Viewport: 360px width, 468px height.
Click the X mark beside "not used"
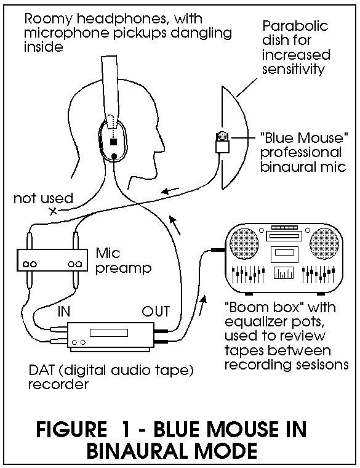tap(53, 211)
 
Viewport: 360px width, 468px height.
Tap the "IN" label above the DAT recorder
tap(64, 312)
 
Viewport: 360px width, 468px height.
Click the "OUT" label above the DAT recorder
tap(156, 312)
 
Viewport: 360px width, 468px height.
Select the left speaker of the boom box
tap(244, 244)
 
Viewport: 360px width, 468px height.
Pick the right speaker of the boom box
tap(324, 244)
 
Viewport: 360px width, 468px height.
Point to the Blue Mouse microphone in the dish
tap(222, 142)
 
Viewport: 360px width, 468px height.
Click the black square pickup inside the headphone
tap(113, 142)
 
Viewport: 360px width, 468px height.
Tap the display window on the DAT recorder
tap(109, 333)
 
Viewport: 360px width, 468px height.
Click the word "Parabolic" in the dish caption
tap(295, 26)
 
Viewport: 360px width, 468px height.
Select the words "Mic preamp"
tap(123, 260)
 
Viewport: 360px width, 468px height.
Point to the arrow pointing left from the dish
tap(170, 190)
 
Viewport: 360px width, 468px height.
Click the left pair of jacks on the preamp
tap(30, 264)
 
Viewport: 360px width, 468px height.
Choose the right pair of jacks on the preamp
tap(74, 264)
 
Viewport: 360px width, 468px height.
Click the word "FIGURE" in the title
tap(71, 429)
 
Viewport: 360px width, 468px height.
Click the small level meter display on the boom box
tap(284, 273)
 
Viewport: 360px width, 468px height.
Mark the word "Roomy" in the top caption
tap(49, 20)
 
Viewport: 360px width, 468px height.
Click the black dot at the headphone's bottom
tap(114, 156)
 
